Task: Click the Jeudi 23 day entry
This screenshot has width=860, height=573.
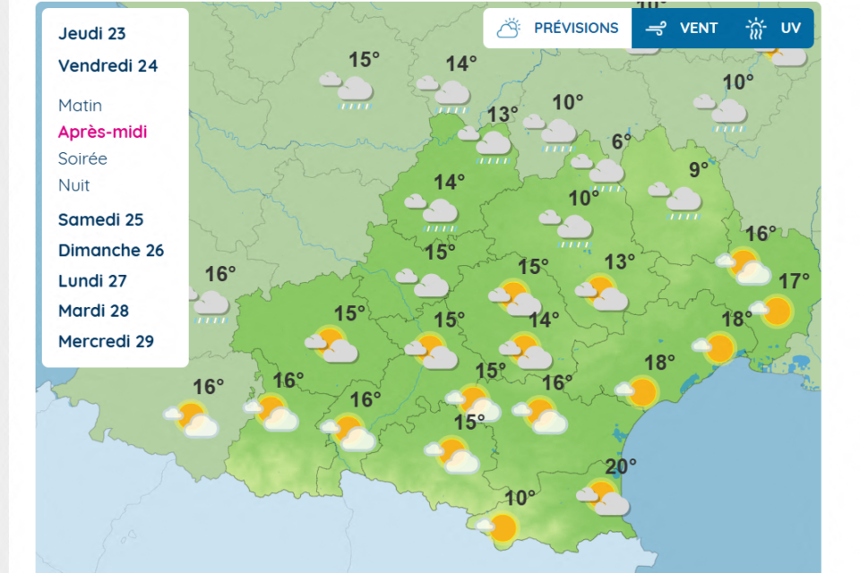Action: click(92, 34)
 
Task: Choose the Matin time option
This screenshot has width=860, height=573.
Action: click(81, 106)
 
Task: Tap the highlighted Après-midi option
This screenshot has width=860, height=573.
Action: click(102, 132)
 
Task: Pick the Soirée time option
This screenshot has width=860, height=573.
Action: click(82, 158)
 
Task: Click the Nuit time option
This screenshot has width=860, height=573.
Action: click(74, 185)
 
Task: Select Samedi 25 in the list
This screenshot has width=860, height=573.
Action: click(100, 219)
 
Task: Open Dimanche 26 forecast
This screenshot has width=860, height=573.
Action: click(111, 250)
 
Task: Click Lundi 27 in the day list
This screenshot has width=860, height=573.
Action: click(92, 280)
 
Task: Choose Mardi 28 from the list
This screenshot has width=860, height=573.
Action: click(93, 311)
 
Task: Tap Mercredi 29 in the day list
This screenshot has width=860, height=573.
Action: click(106, 341)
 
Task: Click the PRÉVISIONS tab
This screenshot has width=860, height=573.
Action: click(558, 28)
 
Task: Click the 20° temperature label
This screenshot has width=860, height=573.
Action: click(620, 466)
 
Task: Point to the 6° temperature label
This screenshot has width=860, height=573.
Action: click(622, 141)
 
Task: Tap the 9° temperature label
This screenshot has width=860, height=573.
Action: click(699, 168)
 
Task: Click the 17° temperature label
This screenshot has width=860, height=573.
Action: click(794, 281)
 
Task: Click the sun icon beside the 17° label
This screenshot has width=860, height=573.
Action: click(777, 312)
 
